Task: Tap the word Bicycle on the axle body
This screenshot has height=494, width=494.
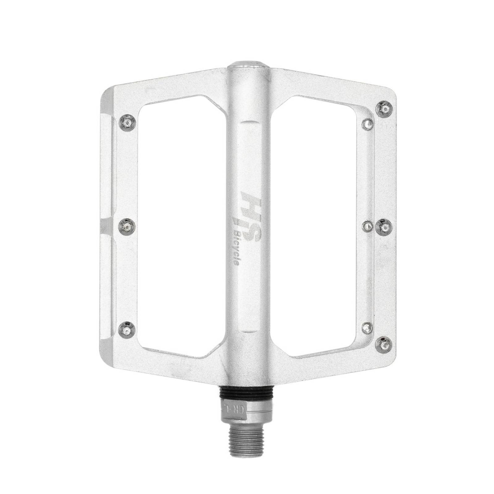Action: click(238, 247)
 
